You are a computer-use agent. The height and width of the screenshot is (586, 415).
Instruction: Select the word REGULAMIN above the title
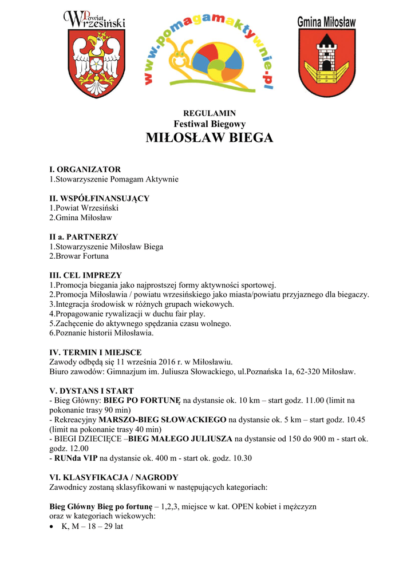209,113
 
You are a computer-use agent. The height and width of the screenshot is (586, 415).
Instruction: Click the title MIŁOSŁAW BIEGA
209,138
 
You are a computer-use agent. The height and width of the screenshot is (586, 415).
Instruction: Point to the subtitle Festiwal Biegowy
210,124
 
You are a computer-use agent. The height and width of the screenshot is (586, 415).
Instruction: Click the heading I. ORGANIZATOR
85,169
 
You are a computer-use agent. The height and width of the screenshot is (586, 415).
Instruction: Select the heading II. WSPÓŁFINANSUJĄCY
99,198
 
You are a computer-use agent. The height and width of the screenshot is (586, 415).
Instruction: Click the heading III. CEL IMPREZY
85,275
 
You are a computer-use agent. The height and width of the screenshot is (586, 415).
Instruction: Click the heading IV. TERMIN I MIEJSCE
96,352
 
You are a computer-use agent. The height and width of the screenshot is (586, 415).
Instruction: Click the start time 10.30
241,458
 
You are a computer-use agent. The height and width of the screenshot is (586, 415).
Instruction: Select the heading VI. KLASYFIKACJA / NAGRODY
114,477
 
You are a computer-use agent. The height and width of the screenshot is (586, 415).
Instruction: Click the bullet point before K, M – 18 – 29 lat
53,526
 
